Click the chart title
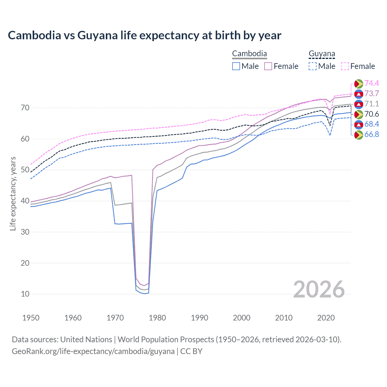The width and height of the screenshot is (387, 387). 145,35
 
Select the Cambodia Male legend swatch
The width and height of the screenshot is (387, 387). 236,66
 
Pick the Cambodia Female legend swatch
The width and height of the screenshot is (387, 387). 268,66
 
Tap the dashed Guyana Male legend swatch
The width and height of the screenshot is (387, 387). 313,66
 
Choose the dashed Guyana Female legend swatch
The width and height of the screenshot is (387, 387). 345,66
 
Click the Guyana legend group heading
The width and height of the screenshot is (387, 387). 322,54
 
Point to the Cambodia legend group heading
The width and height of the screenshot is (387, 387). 249,54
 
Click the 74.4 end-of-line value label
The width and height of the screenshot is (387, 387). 372,83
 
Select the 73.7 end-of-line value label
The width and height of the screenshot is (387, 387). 372,93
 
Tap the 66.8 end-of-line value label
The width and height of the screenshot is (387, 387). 372,134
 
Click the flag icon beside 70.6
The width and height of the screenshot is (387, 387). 359,114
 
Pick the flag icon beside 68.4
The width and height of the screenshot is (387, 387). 359,124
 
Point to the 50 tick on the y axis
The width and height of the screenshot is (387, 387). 25,170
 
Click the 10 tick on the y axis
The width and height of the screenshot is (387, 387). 25,294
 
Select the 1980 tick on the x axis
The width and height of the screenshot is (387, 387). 157,318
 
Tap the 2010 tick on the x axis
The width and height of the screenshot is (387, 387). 284,318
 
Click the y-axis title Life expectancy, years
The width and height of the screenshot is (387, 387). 13,193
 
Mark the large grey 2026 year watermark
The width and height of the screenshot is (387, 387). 319,289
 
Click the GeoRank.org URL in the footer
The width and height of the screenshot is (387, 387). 93,351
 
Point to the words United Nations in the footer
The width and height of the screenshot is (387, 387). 86,340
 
